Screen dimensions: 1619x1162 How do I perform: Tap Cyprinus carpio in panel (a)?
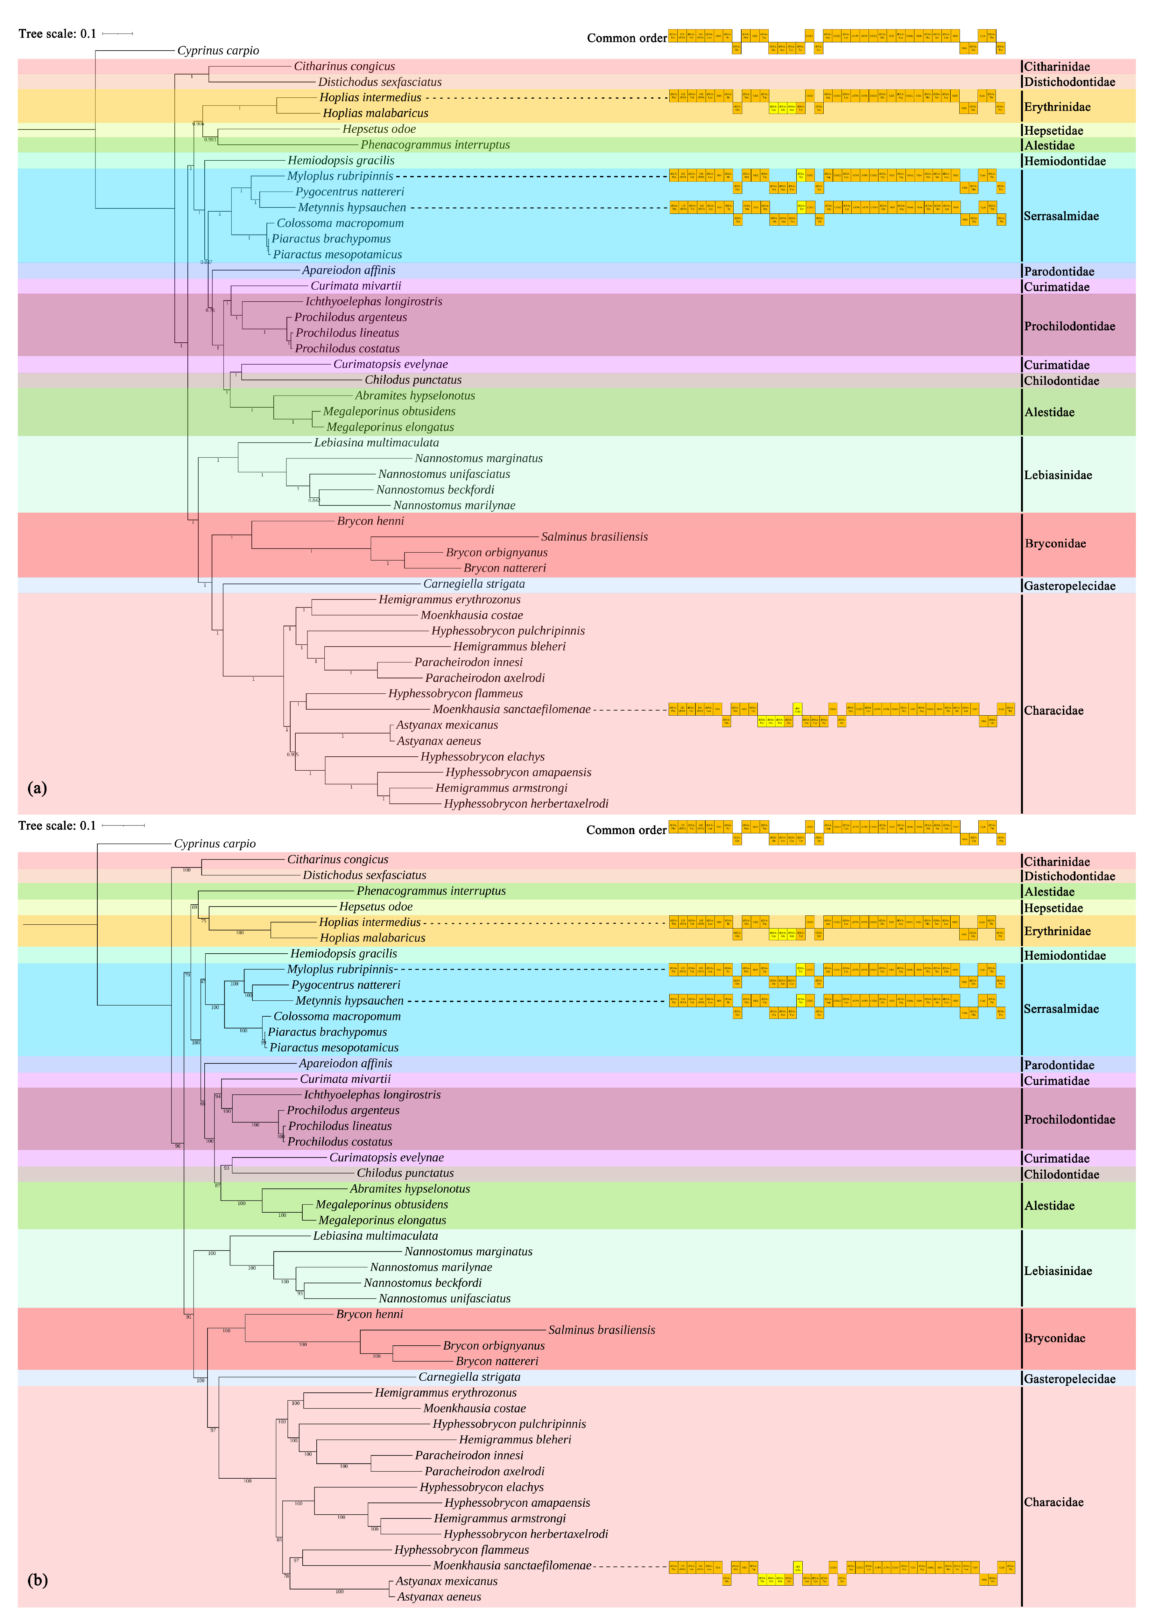[x=218, y=51]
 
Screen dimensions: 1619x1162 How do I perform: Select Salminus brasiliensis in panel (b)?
[x=601, y=1330]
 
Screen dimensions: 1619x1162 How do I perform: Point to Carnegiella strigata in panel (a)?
[x=474, y=584]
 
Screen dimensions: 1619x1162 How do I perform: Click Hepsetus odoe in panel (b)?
[x=376, y=907]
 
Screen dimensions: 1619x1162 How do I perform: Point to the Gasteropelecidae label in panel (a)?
[x=1069, y=586]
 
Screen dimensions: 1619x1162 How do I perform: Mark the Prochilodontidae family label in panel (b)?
[x=1069, y=1119]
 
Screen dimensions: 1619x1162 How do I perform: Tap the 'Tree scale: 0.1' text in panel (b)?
[x=57, y=826]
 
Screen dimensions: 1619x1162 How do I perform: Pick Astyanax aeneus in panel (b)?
[x=439, y=1597]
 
